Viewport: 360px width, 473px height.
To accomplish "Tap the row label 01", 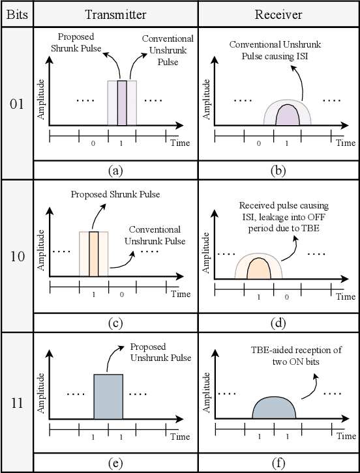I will pos(16,104).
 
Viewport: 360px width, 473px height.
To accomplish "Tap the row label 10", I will pos(16,255).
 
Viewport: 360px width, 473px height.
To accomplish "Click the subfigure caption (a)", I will pos(115,171).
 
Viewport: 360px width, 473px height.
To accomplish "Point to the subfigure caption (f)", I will pos(278,464).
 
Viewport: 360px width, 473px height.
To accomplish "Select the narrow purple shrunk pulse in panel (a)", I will pos(122,102).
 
